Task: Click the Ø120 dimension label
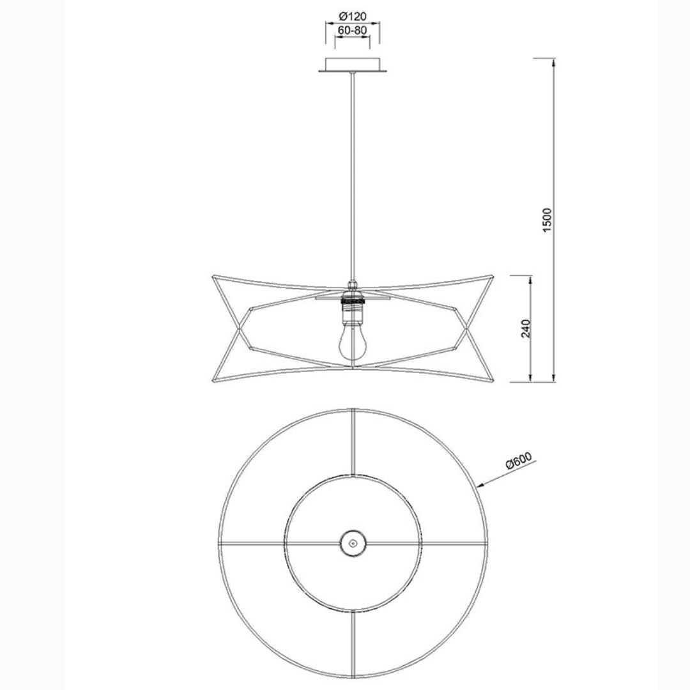coord(353,17)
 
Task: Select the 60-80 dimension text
coord(352,31)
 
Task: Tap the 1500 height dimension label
coord(546,220)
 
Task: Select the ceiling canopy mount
coord(353,65)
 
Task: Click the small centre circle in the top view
coord(353,543)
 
